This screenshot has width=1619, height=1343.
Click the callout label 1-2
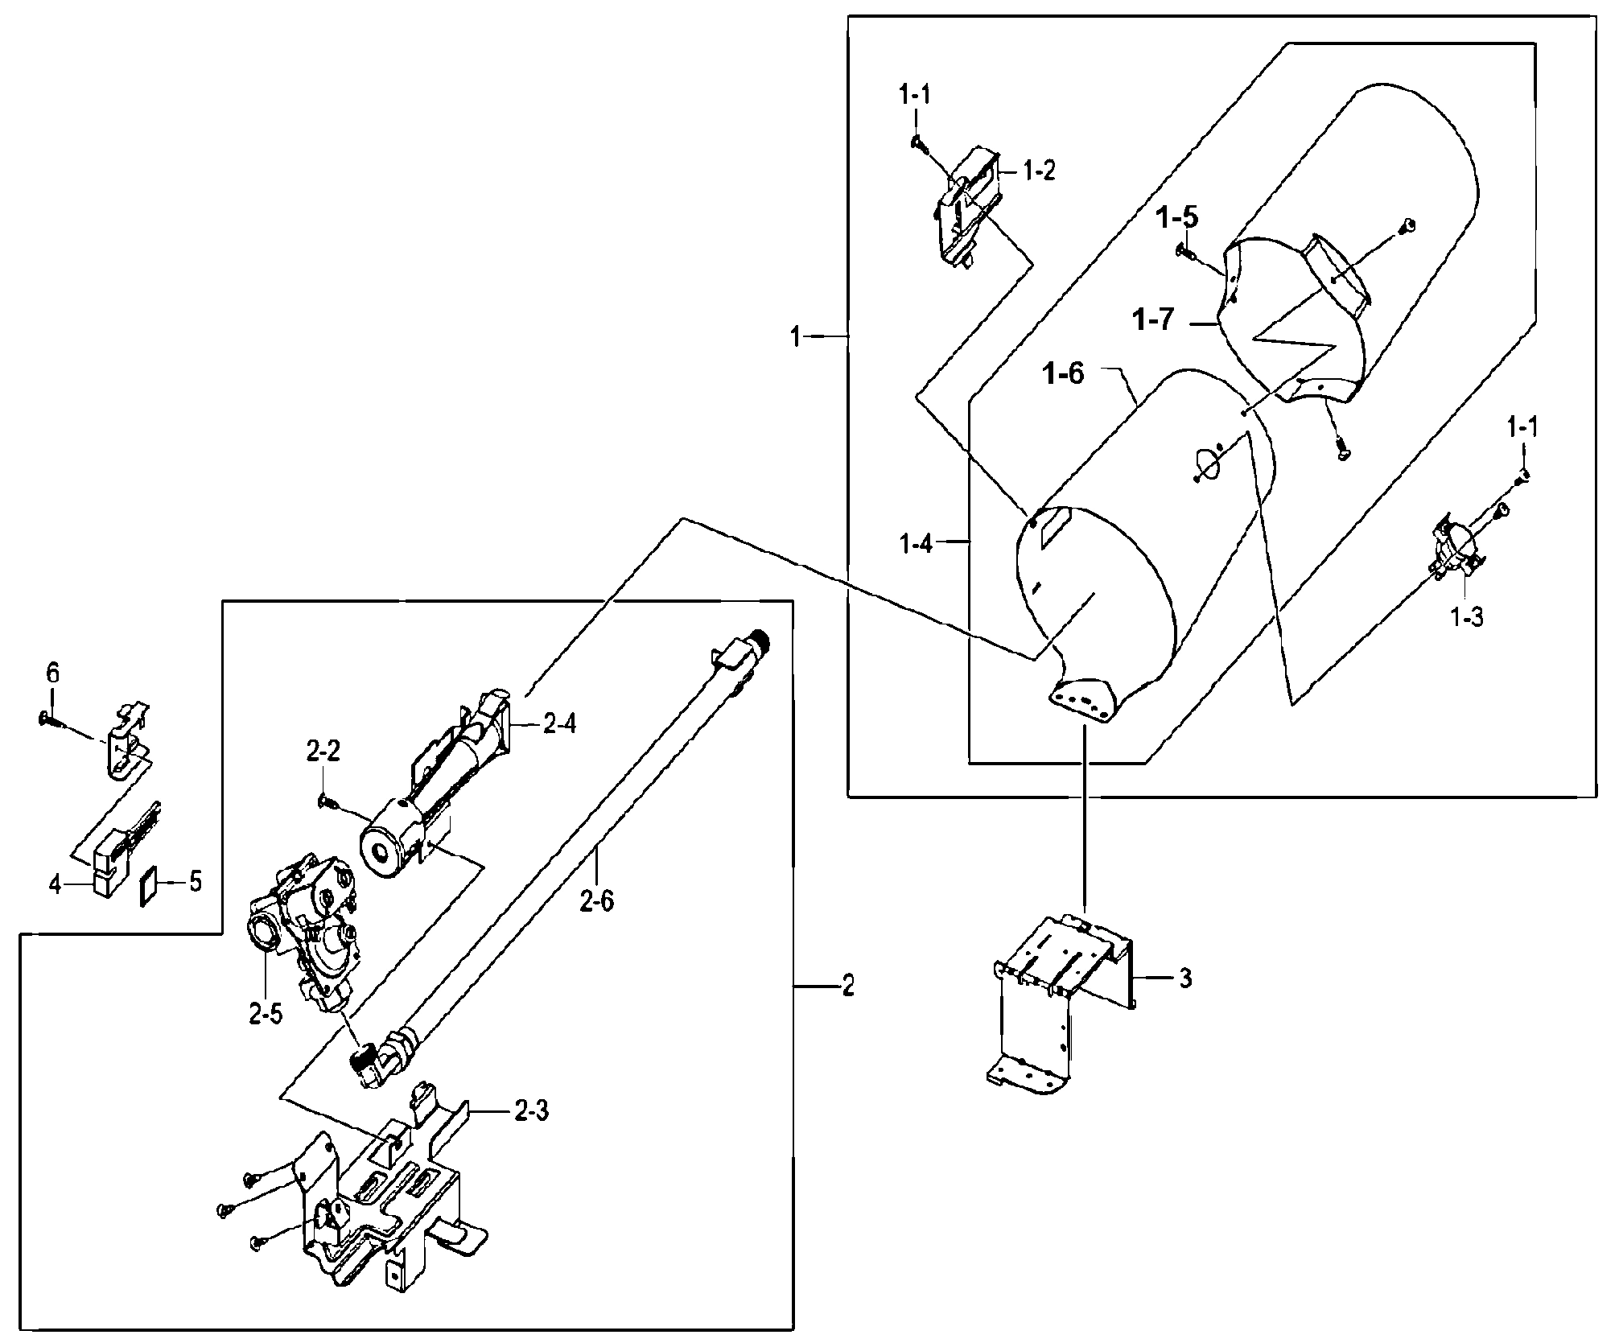1039,171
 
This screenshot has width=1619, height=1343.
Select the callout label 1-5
1178,218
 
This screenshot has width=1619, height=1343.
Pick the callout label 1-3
1467,618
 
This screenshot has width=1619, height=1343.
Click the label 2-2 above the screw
323,752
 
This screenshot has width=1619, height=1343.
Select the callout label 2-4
559,724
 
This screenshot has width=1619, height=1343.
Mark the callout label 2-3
532,1113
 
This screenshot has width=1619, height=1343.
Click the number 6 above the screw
52,674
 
